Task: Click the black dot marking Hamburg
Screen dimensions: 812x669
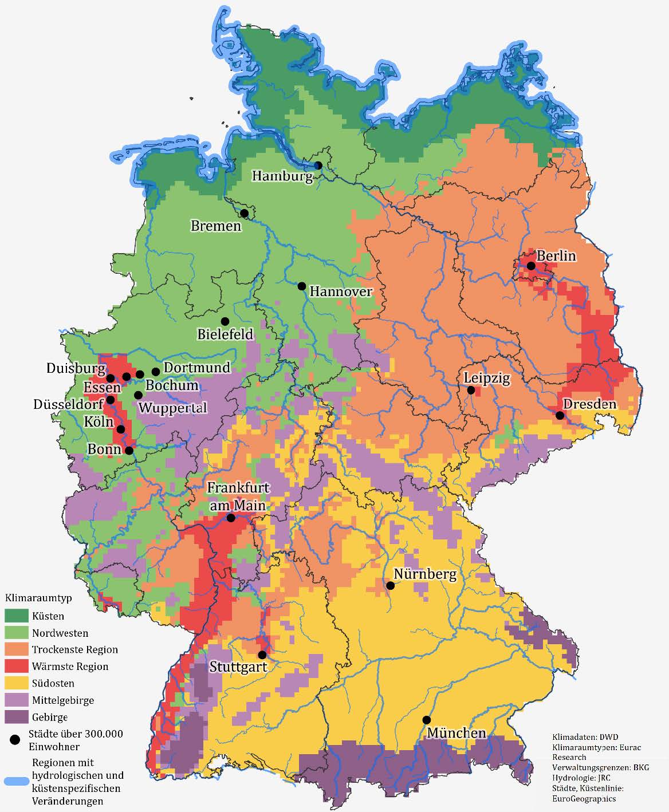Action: click(318, 165)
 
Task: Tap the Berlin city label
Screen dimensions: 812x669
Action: click(556, 255)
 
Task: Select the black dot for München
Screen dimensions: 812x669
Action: click(426, 720)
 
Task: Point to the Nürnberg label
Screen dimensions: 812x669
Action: click(424, 574)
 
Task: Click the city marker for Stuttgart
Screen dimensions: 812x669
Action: click(262, 655)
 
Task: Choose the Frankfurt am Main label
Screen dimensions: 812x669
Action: click(238, 496)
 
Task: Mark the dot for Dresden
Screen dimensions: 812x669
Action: click(560, 415)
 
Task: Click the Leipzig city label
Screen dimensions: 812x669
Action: click(486, 378)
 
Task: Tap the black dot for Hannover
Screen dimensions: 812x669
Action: click(301, 286)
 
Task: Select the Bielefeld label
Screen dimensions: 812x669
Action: click(225, 334)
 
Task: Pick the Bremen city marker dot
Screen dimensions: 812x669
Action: click(244, 213)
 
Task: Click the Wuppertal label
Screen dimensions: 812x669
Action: click(172, 408)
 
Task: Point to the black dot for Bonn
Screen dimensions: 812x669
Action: click(129, 450)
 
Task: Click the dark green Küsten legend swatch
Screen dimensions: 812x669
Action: click(16, 616)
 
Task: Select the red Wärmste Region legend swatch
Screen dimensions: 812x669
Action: click(16, 667)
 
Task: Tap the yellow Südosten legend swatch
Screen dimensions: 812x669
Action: click(16, 683)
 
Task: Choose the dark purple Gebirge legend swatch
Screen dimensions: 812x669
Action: click(16, 717)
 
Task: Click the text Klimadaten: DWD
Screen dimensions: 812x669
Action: click(585, 736)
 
